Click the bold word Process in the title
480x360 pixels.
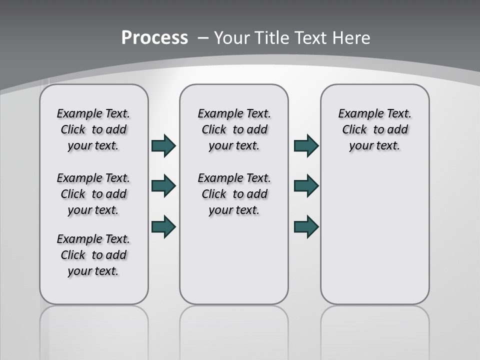point(154,37)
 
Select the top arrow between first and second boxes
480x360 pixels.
point(163,145)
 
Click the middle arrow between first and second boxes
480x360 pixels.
point(163,186)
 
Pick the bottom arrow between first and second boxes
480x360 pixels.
point(163,226)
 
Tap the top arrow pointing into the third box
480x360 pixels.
point(306,145)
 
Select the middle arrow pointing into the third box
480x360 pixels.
point(306,186)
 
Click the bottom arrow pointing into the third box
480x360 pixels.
point(306,226)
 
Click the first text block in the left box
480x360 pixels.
point(93,129)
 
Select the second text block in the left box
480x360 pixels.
point(93,194)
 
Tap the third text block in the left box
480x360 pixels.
point(93,255)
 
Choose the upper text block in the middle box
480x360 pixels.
point(234,129)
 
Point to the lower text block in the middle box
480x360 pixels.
point(234,194)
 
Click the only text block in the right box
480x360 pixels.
point(375,129)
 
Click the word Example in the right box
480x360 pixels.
point(356,114)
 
